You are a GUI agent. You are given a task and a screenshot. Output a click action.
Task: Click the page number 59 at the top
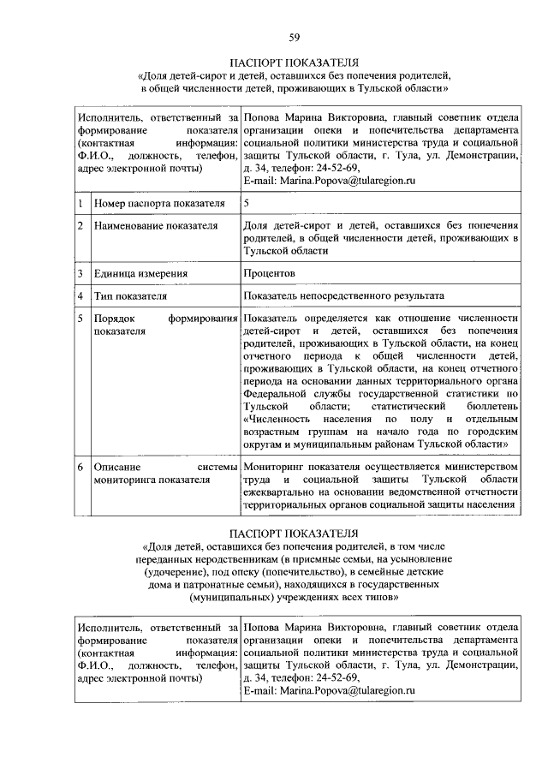(294, 36)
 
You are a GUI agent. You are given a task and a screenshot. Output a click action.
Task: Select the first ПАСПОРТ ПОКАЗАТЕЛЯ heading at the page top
(294, 63)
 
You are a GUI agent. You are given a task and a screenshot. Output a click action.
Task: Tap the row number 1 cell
(80, 204)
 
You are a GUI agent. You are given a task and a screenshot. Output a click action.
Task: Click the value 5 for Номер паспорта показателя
(247, 204)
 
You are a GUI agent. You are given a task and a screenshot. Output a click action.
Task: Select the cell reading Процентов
(270, 273)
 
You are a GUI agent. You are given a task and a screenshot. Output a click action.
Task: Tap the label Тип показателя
(130, 296)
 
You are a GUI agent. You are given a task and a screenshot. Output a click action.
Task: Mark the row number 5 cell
(80, 319)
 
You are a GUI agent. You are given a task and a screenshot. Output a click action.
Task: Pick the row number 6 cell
(80, 467)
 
